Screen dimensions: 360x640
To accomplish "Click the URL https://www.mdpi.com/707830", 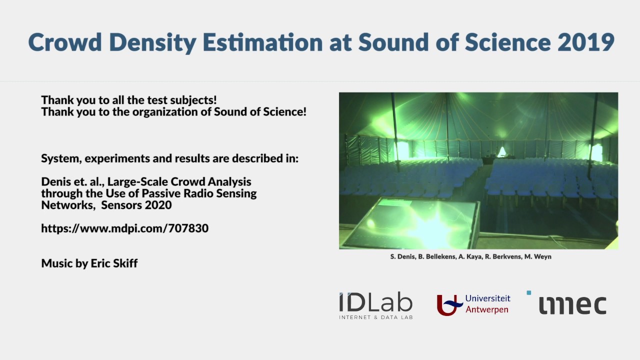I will pyautogui.click(x=124, y=228).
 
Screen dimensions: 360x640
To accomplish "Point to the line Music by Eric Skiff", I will pyautogui.click(x=89, y=263).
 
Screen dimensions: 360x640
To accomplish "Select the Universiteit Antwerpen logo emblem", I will pyautogui.click(x=449, y=304).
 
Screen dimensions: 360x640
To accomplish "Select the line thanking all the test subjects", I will pyautogui.click(x=128, y=100).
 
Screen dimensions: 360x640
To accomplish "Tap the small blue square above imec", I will pyautogui.click(x=529, y=293).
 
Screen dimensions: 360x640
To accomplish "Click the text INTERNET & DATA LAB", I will pyautogui.click(x=375, y=317).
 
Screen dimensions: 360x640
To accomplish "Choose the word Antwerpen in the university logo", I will pyautogui.click(x=486, y=309).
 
